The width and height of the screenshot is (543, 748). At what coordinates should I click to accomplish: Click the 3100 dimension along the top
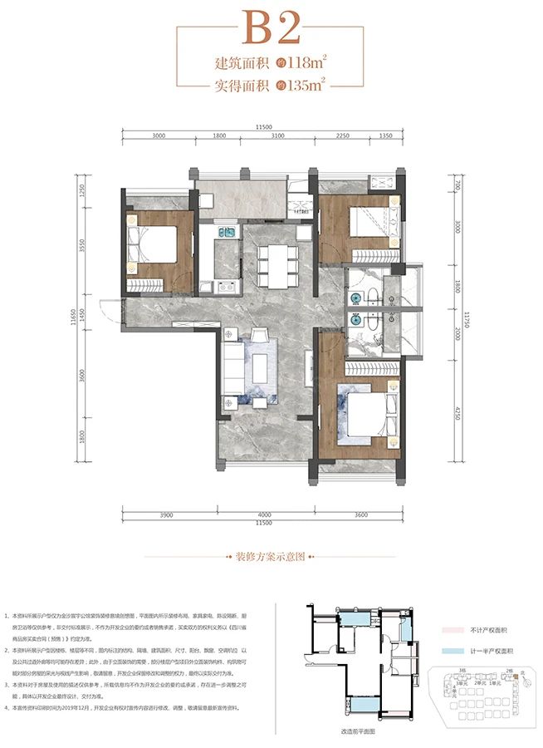(x=277, y=136)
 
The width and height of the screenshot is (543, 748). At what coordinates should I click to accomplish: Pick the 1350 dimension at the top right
(x=385, y=136)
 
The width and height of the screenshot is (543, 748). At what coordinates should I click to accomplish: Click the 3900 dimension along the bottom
(x=166, y=515)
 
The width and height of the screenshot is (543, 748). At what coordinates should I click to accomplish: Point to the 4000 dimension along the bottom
(x=265, y=515)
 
